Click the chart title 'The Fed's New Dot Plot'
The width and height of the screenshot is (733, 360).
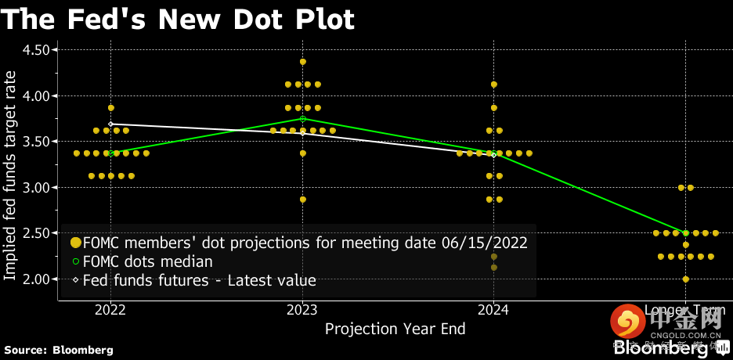coord(178,19)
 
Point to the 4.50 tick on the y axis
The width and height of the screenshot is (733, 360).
coord(34,50)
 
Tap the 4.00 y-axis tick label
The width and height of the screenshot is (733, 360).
coord(34,95)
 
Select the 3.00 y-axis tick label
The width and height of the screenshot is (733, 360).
coord(34,188)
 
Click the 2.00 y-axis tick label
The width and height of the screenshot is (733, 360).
coord(34,279)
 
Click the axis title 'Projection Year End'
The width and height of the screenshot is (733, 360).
coord(395,329)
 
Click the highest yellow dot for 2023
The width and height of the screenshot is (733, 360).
coord(303,61)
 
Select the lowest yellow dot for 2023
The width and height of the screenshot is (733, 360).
coord(303,200)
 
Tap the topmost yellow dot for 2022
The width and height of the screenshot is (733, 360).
coord(111,107)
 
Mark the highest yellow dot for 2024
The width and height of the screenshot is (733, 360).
coord(494,85)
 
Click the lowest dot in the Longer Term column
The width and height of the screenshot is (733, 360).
coord(686,279)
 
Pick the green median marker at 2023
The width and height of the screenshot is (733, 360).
coord(303,118)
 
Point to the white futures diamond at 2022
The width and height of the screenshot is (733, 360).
coord(111,124)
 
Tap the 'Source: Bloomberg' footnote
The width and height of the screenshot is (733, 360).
coord(59,350)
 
